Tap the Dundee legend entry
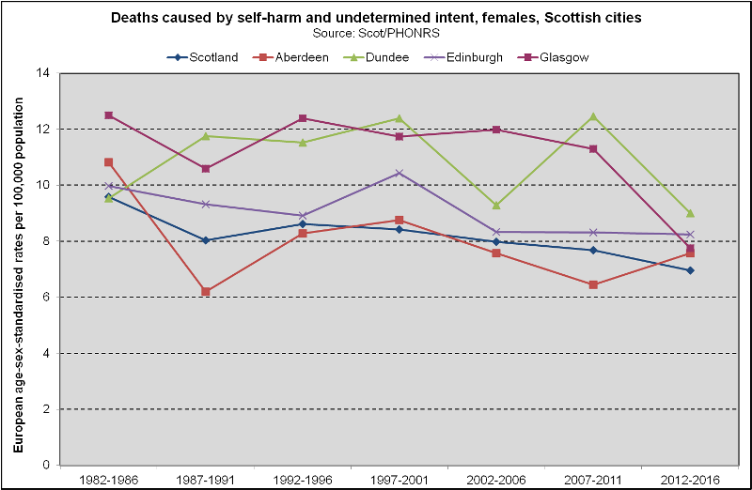382,57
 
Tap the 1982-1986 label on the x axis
109,478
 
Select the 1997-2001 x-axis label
399,478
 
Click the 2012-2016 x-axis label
690,478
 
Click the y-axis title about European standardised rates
18,268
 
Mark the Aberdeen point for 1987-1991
206,292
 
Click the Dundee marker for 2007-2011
593,116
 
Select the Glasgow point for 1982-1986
109,115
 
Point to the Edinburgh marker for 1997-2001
399,173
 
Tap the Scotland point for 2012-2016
690,270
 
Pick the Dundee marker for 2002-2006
496,205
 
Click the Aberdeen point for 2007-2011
593,284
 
